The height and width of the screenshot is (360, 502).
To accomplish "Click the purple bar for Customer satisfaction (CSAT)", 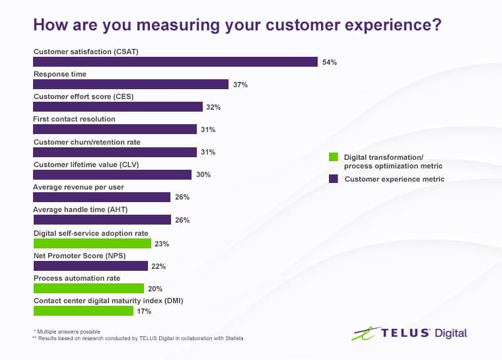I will pos(175,61).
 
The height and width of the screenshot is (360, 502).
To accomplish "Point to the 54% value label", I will pos(330,62).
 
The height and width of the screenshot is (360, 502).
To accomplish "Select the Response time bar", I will pos(130,85).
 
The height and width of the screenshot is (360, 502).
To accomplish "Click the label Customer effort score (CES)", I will pos(83,96).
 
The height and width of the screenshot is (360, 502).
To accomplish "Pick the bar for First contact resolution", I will pos(115,129).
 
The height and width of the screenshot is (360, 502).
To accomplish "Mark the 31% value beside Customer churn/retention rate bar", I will pos(208,152).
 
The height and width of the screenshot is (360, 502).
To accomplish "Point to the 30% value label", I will pos(203,174).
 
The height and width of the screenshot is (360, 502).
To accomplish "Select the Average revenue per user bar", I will pos(102,197).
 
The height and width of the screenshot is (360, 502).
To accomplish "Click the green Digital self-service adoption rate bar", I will pos(92,243).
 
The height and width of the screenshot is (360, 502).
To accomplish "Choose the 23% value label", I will pos(162,244).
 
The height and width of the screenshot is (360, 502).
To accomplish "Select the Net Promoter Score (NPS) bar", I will pos(90,266).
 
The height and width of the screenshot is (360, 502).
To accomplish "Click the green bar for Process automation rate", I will pos(89,289).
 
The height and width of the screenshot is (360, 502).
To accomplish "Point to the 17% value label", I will pos(145,311).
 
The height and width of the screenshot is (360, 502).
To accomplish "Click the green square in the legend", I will pos(334,157).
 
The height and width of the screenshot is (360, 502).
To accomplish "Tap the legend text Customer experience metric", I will pos(394,179).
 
